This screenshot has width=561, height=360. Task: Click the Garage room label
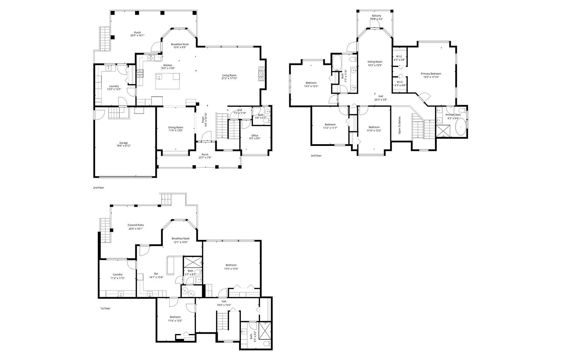123,143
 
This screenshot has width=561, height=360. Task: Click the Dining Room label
176,127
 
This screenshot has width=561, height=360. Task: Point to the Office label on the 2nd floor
255,135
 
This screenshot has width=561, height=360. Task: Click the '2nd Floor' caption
99,188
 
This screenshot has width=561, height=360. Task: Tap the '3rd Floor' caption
316,155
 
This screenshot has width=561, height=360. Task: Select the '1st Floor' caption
105,308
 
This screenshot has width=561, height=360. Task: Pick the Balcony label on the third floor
377,16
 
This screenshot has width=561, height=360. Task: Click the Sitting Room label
375,62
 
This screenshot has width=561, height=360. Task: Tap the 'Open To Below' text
400,125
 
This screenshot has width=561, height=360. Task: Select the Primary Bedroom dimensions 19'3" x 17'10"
431,77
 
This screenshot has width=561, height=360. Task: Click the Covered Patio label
136,225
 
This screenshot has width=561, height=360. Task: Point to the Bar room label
156,273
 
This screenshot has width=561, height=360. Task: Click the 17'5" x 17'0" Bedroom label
231,265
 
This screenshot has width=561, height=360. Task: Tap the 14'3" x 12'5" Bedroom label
311,83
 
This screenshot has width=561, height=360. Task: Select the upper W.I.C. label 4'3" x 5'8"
399,56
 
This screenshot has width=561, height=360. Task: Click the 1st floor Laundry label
117,274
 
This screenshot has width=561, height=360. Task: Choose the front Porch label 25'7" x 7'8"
205,154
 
